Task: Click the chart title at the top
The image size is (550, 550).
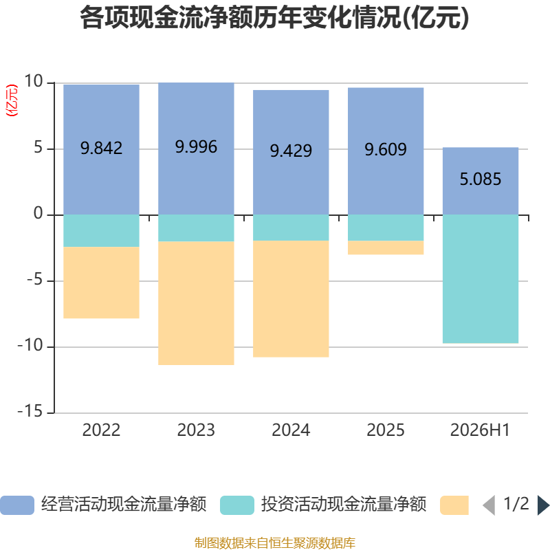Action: (x=274, y=18)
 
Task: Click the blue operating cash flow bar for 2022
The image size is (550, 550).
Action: (x=101, y=149)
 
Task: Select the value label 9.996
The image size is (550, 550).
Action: (x=196, y=146)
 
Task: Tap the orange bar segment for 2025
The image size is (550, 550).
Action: (x=386, y=247)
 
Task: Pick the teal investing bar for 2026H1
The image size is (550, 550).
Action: (x=481, y=279)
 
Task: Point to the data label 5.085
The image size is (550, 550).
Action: (x=481, y=179)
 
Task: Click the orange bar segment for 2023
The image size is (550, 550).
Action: (x=196, y=303)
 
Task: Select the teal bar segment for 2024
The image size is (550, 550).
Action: (x=291, y=228)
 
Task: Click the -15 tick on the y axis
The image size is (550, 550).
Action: (x=30, y=411)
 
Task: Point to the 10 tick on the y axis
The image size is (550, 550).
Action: (x=34, y=81)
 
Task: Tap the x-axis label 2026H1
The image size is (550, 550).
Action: (x=480, y=430)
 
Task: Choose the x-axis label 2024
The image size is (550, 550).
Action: (x=291, y=430)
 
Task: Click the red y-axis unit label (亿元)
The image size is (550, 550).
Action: (x=12, y=100)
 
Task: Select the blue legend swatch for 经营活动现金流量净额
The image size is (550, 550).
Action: (x=17, y=505)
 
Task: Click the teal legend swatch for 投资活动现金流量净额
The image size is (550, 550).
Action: (x=237, y=505)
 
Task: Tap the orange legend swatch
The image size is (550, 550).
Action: (x=454, y=505)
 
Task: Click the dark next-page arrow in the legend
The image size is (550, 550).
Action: (x=543, y=505)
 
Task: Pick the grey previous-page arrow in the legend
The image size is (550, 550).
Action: (x=489, y=505)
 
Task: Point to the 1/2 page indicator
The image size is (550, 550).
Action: (x=516, y=504)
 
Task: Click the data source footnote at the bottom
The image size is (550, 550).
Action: (x=275, y=542)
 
